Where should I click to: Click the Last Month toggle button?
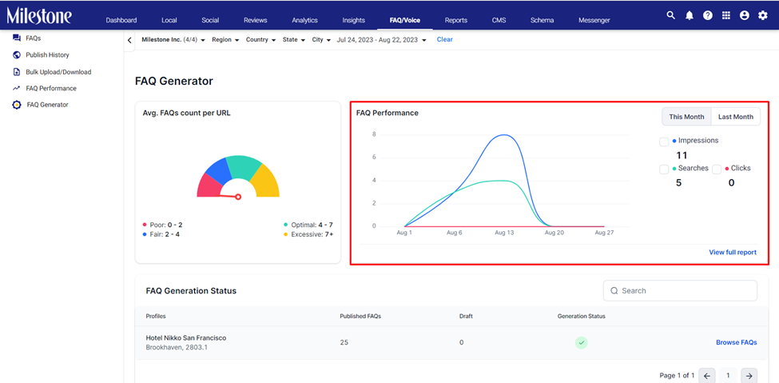tap(736, 117)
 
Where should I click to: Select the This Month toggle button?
tap(686, 117)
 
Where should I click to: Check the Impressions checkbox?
tap(664, 142)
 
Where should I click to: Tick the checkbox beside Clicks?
tap(717, 170)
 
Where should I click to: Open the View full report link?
tap(733, 252)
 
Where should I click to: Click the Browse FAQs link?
tap(737, 342)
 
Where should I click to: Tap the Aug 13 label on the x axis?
tap(504, 233)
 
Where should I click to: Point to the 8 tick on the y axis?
tap(374, 134)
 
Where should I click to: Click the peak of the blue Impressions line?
tap(504, 135)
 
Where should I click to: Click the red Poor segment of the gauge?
tap(209, 186)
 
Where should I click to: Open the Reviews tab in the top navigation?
tap(256, 21)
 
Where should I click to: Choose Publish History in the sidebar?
tap(48, 54)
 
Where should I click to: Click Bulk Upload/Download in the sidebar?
tap(58, 72)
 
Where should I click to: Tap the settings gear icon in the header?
tap(762, 15)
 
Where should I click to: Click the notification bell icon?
tap(689, 15)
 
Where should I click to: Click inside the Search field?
tap(680, 290)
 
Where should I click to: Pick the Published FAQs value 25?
tap(344, 342)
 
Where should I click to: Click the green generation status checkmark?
tap(582, 342)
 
